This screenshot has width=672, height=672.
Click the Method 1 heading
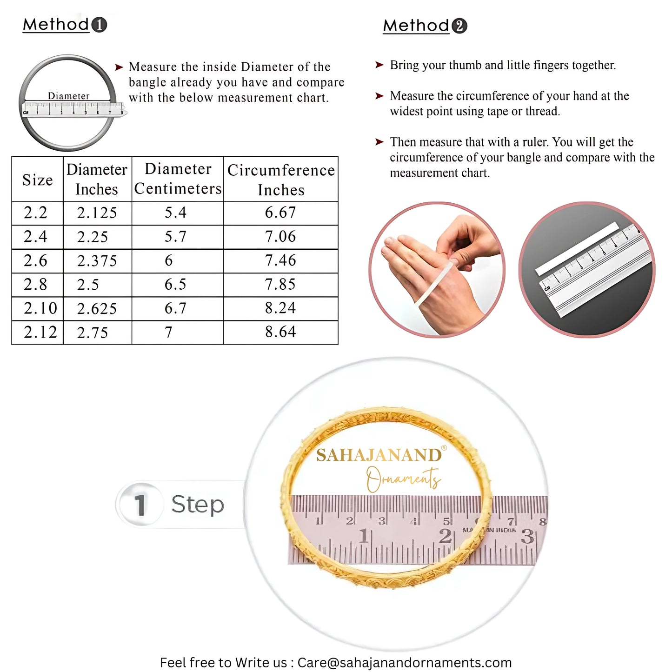click(x=65, y=25)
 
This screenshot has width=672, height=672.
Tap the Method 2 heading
click(x=425, y=26)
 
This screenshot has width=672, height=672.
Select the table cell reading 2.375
click(x=97, y=261)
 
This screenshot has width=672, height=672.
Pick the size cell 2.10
click(x=40, y=308)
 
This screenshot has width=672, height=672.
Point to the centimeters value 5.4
click(x=175, y=213)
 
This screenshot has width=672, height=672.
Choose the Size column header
click(x=37, y=180)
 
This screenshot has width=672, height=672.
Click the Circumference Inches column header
click(x=281, y=180)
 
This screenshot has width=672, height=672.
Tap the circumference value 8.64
click(x=280, y=332)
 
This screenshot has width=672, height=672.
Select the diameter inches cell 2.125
click(x=97, y=213)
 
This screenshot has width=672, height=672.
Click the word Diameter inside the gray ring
click(x=68, y=96)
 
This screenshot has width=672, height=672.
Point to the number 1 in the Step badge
click(x=140, y=505)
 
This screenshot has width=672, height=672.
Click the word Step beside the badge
click(x=198, y=505)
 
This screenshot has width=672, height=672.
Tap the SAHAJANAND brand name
click(x=379, y=455)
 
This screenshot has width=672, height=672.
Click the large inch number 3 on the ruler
click(x=527, y=537)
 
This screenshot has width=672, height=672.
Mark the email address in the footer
click(x=404, y=662)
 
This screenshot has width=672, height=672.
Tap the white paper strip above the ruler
click(x=577, y=248)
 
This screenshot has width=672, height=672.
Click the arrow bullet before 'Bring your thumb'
click(x=379, y=65)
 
